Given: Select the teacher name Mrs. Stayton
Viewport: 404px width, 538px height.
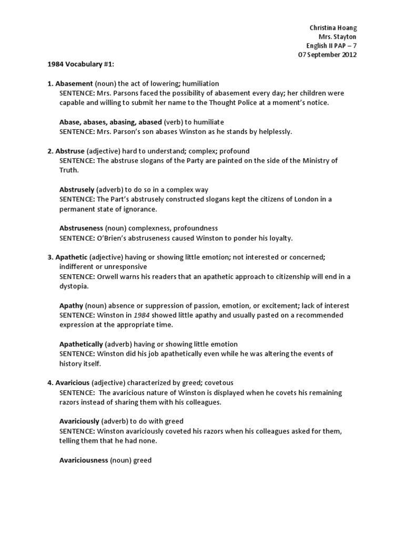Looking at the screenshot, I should [x=338, y=37].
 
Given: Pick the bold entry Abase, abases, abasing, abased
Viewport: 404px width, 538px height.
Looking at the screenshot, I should [x=110, y=122].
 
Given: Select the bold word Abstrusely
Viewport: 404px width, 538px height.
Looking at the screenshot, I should [x=77, y=189].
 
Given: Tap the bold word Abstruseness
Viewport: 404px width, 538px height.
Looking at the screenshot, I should [x=82, y=229].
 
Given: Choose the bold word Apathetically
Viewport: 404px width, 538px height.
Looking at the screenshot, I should [x=82, y=344].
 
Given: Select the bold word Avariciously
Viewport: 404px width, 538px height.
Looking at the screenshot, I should [x=79, y=421].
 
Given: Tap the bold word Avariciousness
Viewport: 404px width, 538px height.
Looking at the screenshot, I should [x=84, y=460].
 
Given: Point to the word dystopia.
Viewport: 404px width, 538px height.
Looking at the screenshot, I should [x=74, y=287].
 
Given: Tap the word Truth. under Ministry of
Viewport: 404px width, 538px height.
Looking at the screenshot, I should [x=68, y=170].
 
